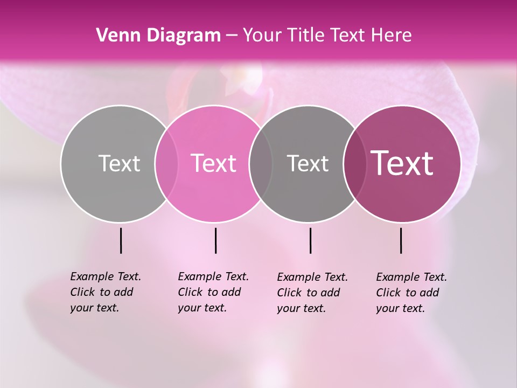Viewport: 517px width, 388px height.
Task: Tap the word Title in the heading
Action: coord(305,36)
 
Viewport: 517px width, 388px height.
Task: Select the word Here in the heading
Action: coord(392,36)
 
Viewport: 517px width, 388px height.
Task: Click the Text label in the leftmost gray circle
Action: coord(119,163)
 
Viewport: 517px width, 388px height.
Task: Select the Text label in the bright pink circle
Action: coord(214,163)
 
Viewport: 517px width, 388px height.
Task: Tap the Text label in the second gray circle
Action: coord(308,163)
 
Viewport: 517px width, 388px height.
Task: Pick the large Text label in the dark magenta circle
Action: coord(402,163)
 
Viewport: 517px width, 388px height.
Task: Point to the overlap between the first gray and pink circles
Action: coord(166,164)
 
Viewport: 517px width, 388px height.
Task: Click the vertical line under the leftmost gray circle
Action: coord(121,240)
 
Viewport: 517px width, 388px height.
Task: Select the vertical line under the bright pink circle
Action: coord(215,240)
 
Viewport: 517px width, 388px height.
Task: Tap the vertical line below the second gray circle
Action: coord(310,240)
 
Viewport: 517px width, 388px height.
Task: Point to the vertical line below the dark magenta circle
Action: coord(401,240)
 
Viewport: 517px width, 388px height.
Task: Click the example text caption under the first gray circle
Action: coord(105,292)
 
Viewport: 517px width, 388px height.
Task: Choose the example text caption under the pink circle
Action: coord(213,292)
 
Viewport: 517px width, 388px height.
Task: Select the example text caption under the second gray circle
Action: coord(312,293)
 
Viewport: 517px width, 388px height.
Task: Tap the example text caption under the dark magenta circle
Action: coord(411,293)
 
